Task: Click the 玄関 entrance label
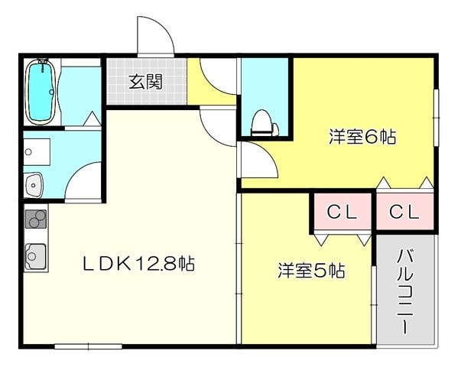point(145,82)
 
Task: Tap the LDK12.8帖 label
point(138,264)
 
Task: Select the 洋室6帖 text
point(362,136)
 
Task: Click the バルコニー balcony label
point(405,291)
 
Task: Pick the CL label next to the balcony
point(404,211)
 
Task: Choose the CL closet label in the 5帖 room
point(342,211)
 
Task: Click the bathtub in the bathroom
point(41,92)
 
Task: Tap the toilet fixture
point(264,123)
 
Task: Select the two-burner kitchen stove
point(36,219)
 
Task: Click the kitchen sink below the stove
point(36,257)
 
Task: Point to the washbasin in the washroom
point(34,185)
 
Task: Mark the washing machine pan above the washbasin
point(37,152)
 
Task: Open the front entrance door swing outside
point(155,36)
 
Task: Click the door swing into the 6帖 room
point(258,160)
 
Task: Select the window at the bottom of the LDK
point(88,346)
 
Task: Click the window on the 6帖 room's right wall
point(437,117)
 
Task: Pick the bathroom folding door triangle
point(93,119)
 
